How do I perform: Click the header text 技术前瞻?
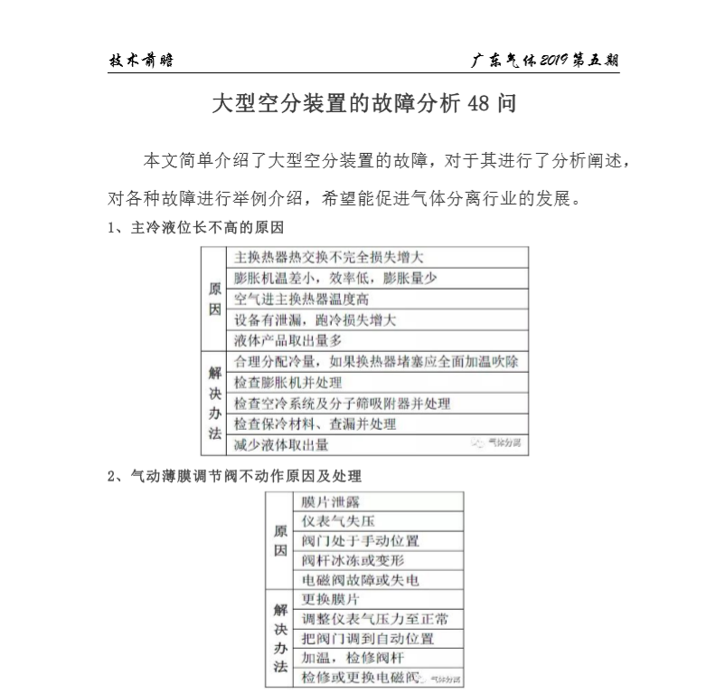(141, 61)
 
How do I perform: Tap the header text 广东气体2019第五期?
(545, 61)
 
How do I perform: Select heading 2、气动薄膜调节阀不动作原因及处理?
(234, 474)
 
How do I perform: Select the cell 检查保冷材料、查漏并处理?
(315, 424)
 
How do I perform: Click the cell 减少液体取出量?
(281, 444)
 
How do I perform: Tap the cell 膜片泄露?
(328, 501)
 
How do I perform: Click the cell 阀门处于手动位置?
(360, 540)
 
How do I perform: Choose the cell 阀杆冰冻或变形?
(353, 560)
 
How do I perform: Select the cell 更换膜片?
(330, 599)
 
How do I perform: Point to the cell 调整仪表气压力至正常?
(374, 619)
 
